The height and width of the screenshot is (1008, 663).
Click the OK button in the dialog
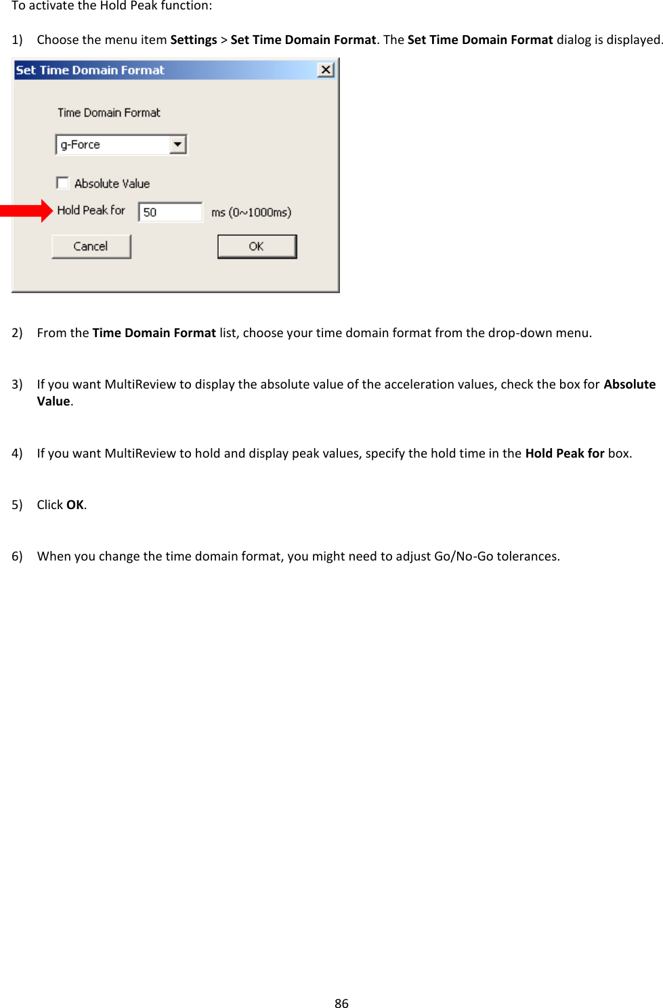257,246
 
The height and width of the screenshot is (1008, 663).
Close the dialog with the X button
326,70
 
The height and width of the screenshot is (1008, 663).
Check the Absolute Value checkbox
63,183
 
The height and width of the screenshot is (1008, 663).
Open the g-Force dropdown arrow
177,144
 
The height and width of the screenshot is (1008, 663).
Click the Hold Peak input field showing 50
170,212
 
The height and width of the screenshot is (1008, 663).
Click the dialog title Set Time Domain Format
90,70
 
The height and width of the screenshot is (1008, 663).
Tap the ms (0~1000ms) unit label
251,212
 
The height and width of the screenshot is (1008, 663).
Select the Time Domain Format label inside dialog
109,112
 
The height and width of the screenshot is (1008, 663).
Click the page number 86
341,1003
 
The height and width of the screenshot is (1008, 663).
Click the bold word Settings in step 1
194,39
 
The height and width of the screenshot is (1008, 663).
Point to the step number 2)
17,332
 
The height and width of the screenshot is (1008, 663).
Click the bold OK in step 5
74,504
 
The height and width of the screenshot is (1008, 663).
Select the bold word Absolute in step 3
629,384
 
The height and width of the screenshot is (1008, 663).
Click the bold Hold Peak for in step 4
564,453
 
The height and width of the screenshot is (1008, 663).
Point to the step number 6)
17,556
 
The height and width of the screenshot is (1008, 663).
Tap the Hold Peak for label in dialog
91,210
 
